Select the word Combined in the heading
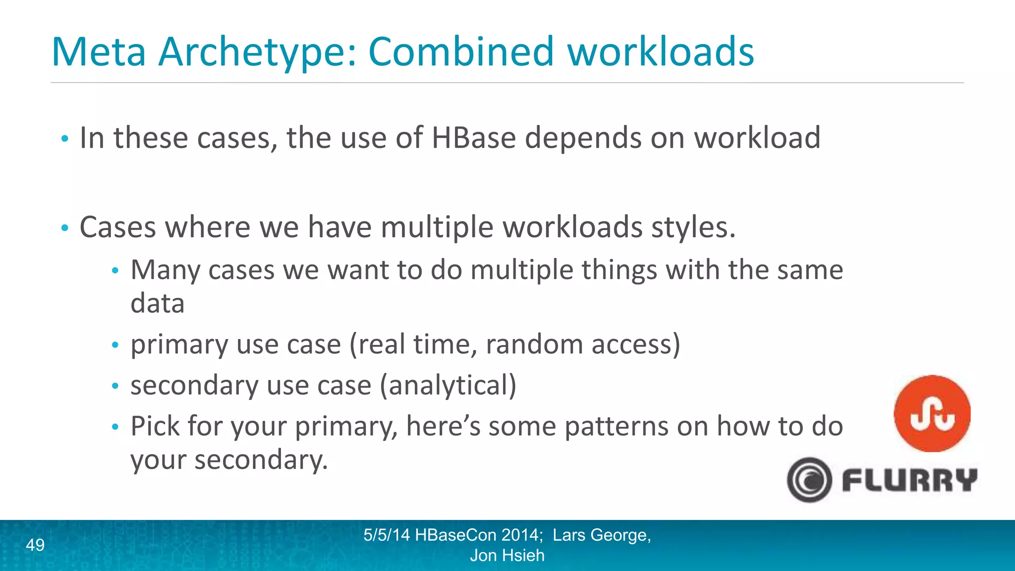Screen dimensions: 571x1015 pyautogui.click(x=461, y=52)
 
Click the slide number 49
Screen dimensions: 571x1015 pyautogui.click(x=35, y=545)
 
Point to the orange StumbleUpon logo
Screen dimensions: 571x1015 pyautogui.click(x=932, y=413)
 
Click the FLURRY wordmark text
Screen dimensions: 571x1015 pyautogui.click(x=909, y=480)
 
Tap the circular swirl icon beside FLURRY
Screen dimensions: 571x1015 pyautogui.click(x=809, y=480)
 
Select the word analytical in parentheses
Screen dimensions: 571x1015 pyautogui.click(x=448, y=386)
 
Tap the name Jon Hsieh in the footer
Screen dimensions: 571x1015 pyautogui.click(x=507, y=556)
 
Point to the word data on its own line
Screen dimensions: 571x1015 pyautogui.click(x=158, y=303)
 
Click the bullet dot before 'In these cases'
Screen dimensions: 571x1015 pyautogui.click(x=64, y=139)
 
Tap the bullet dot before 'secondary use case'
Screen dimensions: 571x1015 pyautogui.click(x=115, y=387)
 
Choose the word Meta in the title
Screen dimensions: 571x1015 pyautogui.click(x=99, y=53)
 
